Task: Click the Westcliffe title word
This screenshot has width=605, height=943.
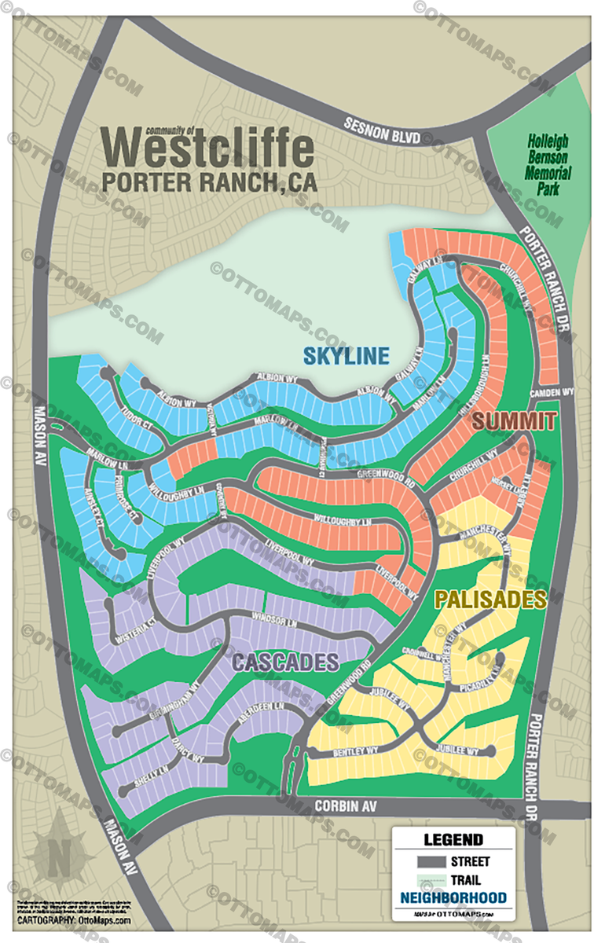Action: (208, 147)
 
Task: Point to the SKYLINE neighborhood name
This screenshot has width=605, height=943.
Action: (346, 356)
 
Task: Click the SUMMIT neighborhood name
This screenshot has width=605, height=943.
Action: (515, 421)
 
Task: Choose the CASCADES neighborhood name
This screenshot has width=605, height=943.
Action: (285, 662)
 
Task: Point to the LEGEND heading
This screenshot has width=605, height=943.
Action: (453, 840)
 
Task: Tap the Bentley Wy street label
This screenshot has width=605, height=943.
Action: (355, 751)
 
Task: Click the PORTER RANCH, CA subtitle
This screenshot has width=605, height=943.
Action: (210, 182)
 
